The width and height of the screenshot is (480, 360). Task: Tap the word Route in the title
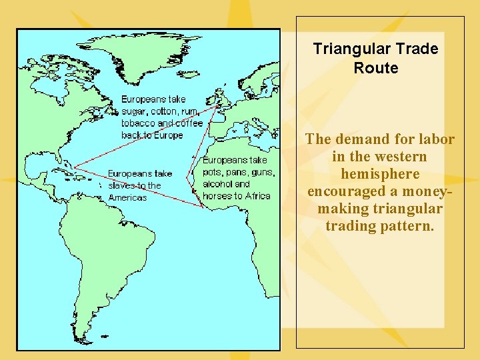pos(376,68)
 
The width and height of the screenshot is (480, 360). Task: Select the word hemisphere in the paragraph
pos(380,174)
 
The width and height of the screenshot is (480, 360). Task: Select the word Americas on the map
pos(127,197)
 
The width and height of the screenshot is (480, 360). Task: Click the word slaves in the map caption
pos(122,185)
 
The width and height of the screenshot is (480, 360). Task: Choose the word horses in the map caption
pos(217,196)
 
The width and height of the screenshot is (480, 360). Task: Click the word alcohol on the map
pos(217,184)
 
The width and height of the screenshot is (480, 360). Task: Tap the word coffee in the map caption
pos(189,123)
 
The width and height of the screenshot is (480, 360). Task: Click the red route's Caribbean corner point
pos(74,166)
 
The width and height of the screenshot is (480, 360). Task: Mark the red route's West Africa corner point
pos(203,205)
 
